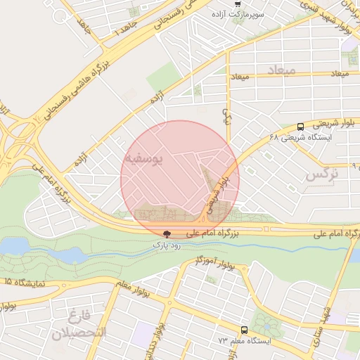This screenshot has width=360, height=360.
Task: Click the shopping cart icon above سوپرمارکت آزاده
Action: pyautogui.click(x=238, y=4)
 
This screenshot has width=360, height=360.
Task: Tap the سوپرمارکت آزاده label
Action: pyautogui.click(x=240, y=14)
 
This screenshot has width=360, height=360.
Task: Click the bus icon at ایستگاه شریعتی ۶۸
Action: pyautogui.click(x=301, y=127)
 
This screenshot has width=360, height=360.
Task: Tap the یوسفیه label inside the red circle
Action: pyautogui.click(x=144, y=160)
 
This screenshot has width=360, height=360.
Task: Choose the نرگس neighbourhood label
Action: pyautogui.click(x=323, y=174)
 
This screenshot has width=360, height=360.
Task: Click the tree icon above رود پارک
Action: pyautogui.click(x=167, y=234)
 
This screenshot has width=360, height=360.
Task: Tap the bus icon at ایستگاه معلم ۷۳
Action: pyautogui.click(x=244, y=330)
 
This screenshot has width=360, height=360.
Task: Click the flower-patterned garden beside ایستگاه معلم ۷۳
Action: pyautogui.click(x=266, y=323)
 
